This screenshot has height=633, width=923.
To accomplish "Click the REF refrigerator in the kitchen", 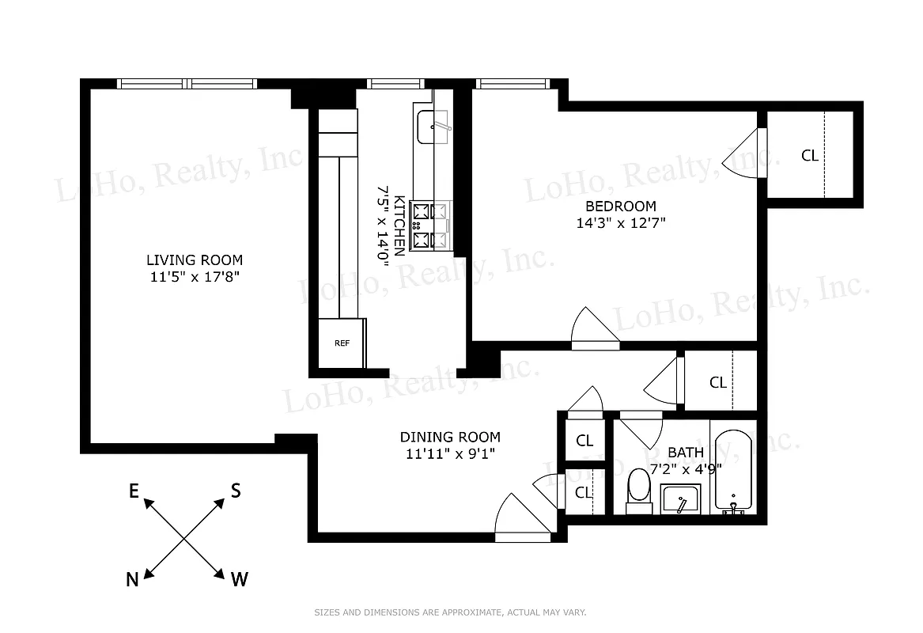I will click(x=342, y=343).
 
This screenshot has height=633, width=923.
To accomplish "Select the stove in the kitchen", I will click(x=431, y=225).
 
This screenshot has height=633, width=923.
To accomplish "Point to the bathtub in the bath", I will click(x=735, y=470).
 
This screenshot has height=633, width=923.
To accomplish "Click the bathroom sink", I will click(x=679, y=499).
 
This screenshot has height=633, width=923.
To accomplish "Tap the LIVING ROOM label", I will click(x=194, y=260).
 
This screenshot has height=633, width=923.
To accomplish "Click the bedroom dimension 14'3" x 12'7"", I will click(x=621, y=223).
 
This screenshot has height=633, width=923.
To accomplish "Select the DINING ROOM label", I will click(x=449, y=437).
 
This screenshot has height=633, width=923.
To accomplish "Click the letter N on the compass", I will click(x=133, y=580).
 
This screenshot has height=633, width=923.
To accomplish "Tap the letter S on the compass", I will click(x=235, y=491).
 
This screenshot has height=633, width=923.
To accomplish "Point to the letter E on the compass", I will click(x=134, y=492).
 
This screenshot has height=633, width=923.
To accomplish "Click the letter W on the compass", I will click(x=239, y=580).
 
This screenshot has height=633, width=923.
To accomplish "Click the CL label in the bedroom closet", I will click(x=809, y=156).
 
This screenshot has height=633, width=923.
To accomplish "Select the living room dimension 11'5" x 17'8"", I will click(x=194, y=277).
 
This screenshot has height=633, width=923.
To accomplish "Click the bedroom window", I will click(x=511, y=83).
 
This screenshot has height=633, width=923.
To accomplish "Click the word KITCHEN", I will click(x=400, y=226).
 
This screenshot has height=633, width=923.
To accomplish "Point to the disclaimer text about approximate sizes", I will click(x=450, y=612).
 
